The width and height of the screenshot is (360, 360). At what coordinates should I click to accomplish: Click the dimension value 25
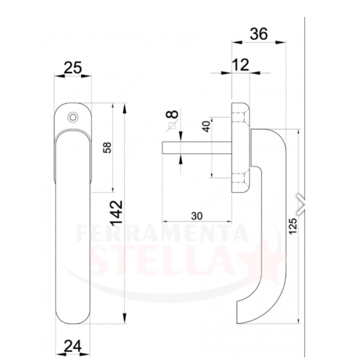[73, 67]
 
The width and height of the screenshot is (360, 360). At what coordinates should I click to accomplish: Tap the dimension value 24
[73, 346]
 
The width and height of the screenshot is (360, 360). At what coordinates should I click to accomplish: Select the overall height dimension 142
[117, 213]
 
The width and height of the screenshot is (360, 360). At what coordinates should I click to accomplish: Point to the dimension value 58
[108, 148]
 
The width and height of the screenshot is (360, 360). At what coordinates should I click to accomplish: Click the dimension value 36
[259, 34]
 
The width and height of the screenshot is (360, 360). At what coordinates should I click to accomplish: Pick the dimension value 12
[240, 65]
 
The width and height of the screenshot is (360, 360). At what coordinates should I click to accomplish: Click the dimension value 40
[207, 126]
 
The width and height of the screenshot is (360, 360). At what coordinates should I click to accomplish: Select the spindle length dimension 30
[197, 216]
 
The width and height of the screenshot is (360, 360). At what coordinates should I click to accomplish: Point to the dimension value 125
[293, 226]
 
